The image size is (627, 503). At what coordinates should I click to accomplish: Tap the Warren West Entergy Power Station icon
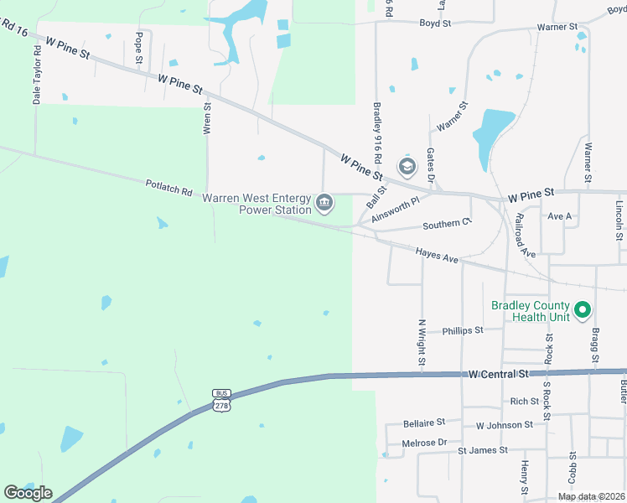coord(324,202)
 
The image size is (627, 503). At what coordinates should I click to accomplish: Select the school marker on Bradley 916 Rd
coord(407,167)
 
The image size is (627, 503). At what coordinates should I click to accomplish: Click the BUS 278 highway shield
coord(221,401)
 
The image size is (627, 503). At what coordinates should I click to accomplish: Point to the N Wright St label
coord(422,342)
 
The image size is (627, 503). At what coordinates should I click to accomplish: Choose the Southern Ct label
coord(448,225)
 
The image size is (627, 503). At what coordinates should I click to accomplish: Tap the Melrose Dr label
coord(425,442)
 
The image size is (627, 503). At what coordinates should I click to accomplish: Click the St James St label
coord(482,450)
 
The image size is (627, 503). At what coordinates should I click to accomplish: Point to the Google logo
coord(28,493)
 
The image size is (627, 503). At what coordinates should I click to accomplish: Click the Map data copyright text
coord(591,496)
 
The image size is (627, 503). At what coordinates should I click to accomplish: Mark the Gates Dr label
coord(431,166)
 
